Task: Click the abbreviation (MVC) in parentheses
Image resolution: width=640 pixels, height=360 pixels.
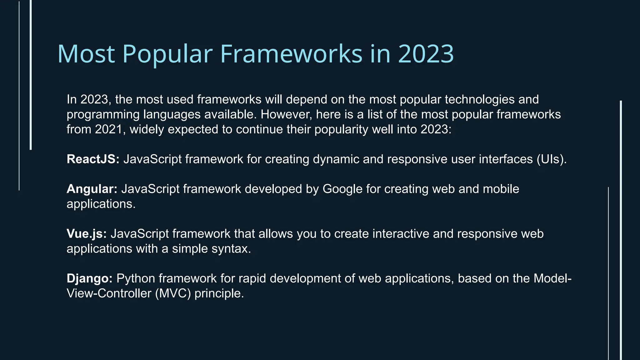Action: (x=173, y=293)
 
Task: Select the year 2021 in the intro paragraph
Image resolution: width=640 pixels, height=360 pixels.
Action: (x=108, y=129)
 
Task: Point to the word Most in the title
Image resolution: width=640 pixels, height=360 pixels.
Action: (x=86, y=54)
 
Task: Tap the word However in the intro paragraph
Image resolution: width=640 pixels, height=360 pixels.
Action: (x=286, y=114)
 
